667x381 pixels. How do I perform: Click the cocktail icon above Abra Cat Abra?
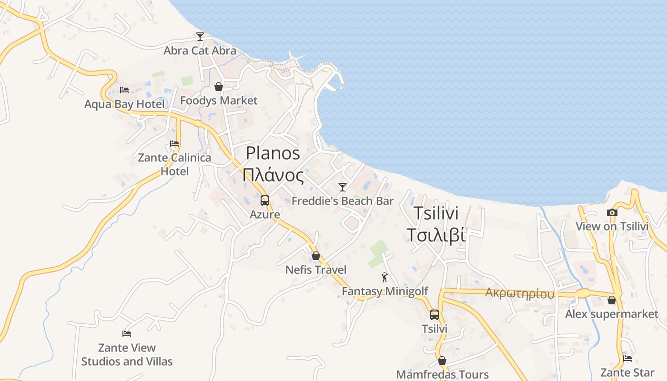pyautogui.click(x=200, y=36)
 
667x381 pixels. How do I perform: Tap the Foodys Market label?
pyautogui.click(x=219, y=100)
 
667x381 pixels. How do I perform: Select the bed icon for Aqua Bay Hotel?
pyautogui.click(x=124, y=90)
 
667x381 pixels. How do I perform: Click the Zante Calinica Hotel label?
pyautogui.click(x=174, y=164)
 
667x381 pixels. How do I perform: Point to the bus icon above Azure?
pyautogui.click(x=265, y=201)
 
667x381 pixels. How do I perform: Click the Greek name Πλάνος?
pyautogui.click(x=273, y=176)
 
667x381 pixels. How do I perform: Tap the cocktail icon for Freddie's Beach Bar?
pyautogui.click(x=343, y=187)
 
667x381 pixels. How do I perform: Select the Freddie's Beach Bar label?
pyautogui.click(x=343, y=201)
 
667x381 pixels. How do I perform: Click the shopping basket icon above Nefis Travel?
pyautogui.click(x=315, y=256)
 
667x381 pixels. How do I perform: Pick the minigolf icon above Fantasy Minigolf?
pyautogui.click(x=384, y=277)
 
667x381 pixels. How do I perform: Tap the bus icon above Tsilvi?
pyautogui.click(x=435, y=314)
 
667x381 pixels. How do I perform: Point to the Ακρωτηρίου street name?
pyautogui.click(x=520, y=293)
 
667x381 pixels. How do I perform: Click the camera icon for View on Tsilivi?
pyautogui.click(x=612, y=212)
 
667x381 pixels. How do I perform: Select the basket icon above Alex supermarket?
pyautogui.click(x=612, y=300)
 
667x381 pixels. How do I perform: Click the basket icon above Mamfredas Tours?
pyautogui.click(x=442, y=361)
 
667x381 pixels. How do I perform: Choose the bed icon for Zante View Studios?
pyautogui.click(x=127, y=333)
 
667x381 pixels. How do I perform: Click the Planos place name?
pyautogui.click(x=273, y=153)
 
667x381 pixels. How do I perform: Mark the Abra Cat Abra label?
pyautogui.click(x=200, y=50)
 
